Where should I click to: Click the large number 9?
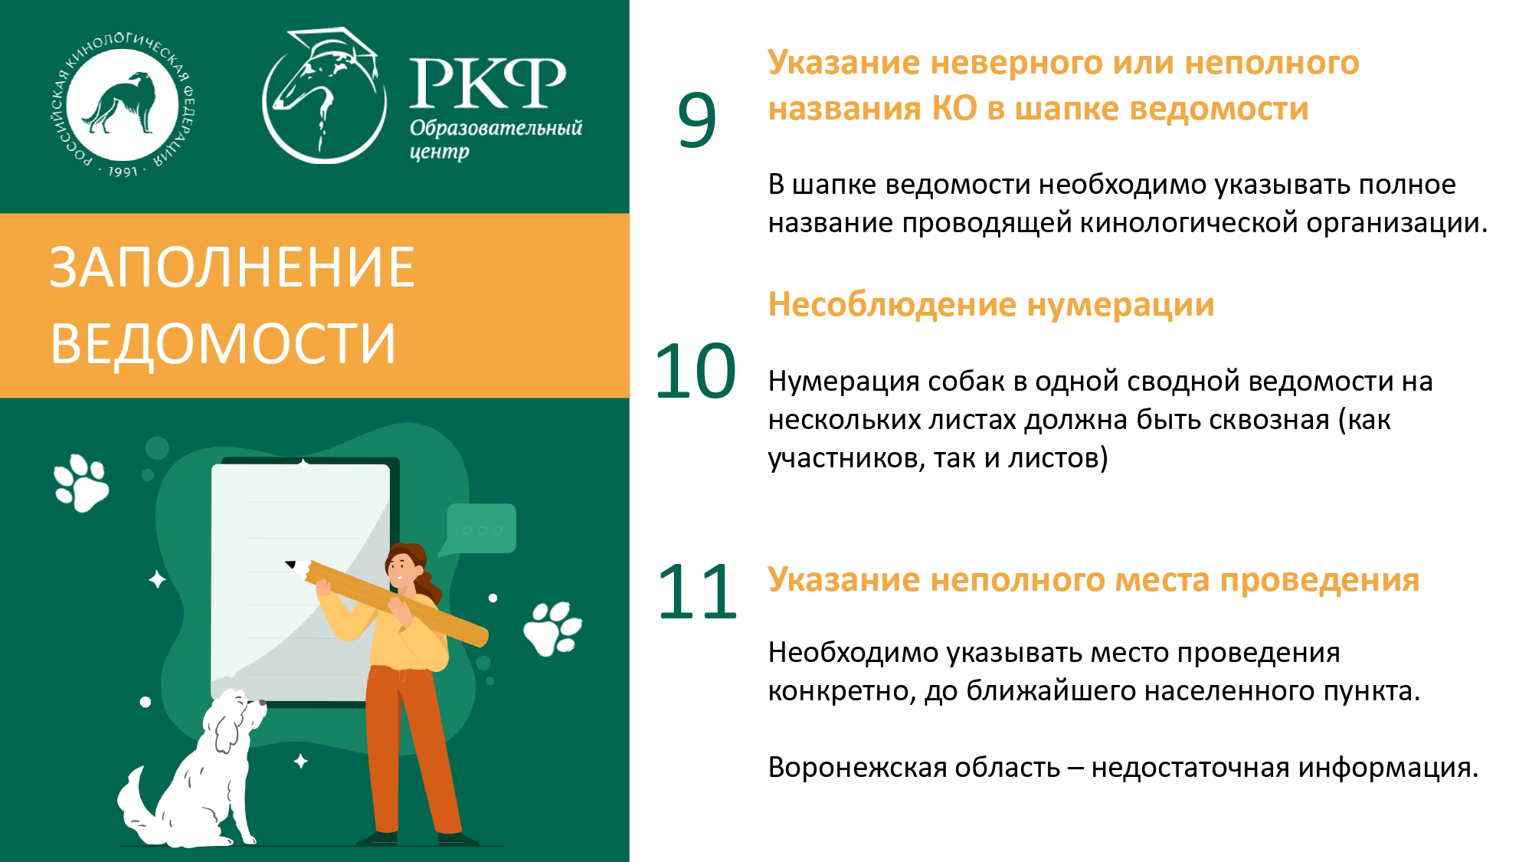696,120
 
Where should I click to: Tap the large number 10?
695,372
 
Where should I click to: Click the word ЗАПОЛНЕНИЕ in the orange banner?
232,267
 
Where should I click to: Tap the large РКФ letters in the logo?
488,82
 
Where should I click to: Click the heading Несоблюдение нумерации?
991,304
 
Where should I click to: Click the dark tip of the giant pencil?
290,565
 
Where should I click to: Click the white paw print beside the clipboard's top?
81,483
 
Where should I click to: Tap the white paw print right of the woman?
552,628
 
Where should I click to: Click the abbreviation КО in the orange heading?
954,109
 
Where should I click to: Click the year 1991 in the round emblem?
123,172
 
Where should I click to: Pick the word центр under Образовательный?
439,152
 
